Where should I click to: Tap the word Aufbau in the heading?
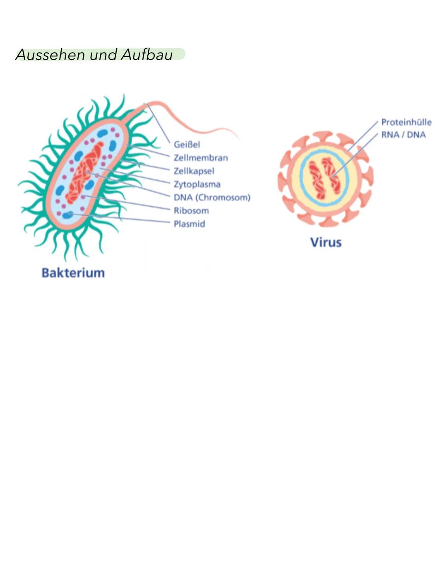tap(147, 55)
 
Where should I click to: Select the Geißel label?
tap(187, 145)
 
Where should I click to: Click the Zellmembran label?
tap(201, 158)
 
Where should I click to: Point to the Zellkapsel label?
tap(194, 171)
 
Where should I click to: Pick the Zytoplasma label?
tap(197, 184)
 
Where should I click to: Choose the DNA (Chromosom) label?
tap(212, 198)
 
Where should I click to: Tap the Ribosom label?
tap(191, 211)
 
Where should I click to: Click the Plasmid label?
tap(189, 224)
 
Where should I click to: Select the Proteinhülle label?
tap(406, 122)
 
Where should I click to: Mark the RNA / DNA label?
tap(403, 135)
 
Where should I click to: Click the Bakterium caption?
tap(73, 273)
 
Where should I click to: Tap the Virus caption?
tap(326, 243)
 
